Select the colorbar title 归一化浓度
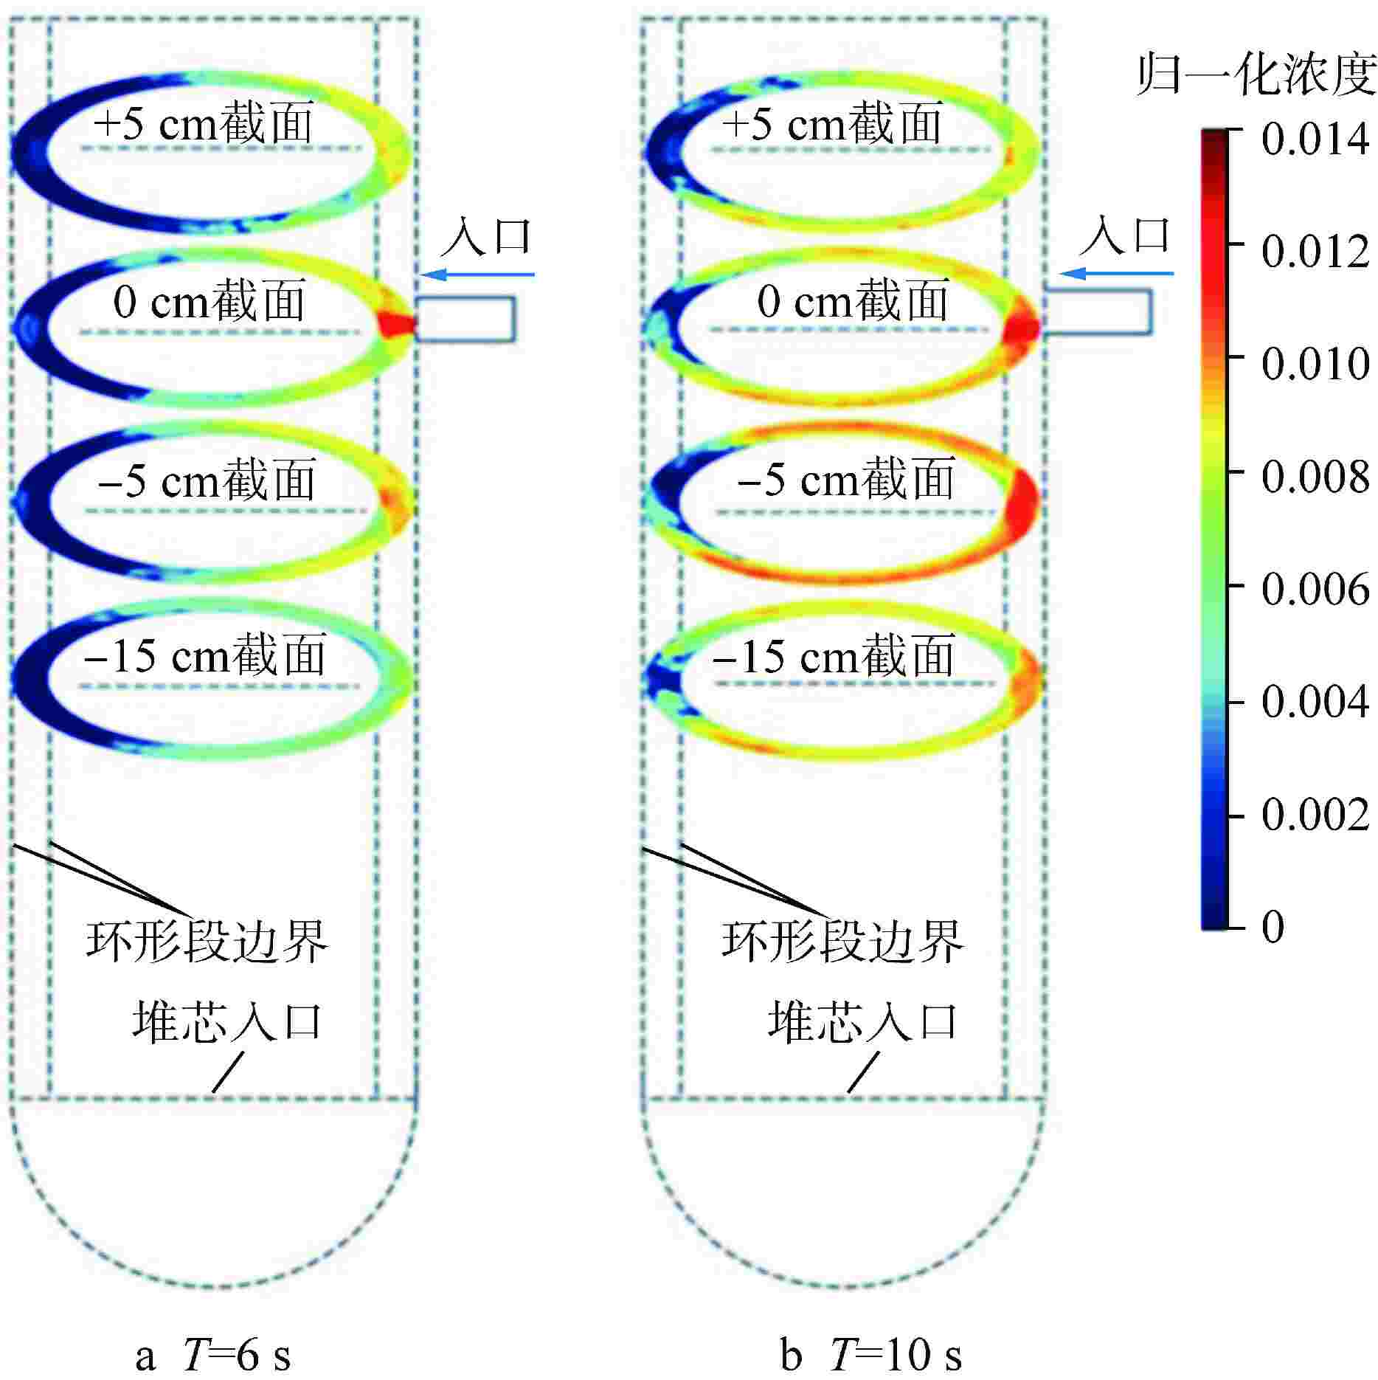pyautogui.click(x=1255, y=77)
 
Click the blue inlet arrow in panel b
pyautogui.click(x=1116, y=274)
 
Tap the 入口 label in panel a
pyautogui.click(x=487, y=236)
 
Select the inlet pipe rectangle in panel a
pyautogui.click(x=465, y=319)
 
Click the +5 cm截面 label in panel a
pyautogui.click(x=204, y=123)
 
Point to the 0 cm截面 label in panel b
pyautogui.click(x=852, y=303)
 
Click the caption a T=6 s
pyautogui.click(x=214, y=1355)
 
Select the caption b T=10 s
pyautogui.click(x=870, y=1355)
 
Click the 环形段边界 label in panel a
pyautogui.click(x=207, y=942)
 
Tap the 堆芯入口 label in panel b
pyautogui.click(x=862, y=1022)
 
